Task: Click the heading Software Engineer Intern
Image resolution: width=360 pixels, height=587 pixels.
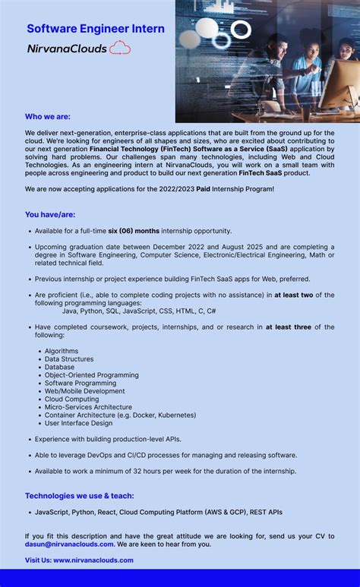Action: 96,29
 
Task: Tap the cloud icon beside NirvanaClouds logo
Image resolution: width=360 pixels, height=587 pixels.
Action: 120,49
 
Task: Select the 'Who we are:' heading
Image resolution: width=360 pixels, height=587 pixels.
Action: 47,116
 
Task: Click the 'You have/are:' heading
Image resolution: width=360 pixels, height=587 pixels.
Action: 50,214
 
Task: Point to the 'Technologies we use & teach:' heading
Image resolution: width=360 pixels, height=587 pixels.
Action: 80,495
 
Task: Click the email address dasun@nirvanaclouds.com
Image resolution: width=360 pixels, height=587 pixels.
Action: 69,544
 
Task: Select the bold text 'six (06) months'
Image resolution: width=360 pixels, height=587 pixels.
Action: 134,230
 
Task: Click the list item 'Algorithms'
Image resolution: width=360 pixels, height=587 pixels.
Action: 62,351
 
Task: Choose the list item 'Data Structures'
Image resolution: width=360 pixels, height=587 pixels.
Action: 69,359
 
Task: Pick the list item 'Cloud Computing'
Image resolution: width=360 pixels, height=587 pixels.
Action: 71,399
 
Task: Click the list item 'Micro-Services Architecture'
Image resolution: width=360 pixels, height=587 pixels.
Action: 88,407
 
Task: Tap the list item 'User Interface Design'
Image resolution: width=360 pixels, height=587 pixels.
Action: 78,423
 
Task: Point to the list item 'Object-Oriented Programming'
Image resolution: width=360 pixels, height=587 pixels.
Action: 91,375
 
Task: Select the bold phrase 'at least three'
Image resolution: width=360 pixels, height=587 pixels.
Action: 288,327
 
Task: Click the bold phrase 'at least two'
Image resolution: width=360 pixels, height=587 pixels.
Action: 294,295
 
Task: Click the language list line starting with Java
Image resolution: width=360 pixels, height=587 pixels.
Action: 139,311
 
